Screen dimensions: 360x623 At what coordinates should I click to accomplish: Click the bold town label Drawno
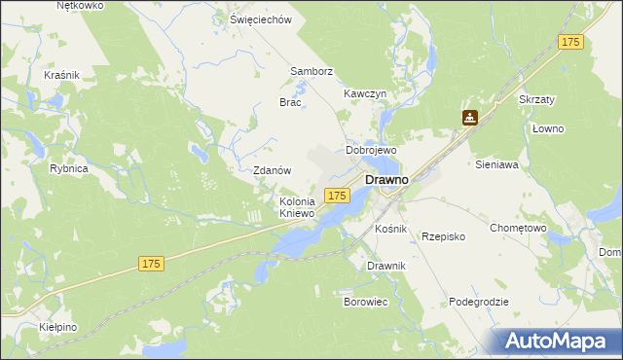(385, 180)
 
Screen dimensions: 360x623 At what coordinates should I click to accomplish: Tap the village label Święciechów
(261, 19)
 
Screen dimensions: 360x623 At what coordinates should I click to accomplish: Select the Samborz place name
(311, 71)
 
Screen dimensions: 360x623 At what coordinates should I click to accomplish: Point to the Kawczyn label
(366, 93)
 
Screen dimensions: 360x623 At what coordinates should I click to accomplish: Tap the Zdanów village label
(273, 170)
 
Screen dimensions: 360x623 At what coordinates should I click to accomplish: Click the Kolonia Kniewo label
(297, 207)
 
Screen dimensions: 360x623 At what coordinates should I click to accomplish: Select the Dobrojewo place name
(371, 151)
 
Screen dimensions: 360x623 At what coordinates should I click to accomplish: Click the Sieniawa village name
(496, 165)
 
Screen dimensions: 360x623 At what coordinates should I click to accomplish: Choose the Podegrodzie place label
(479, 302)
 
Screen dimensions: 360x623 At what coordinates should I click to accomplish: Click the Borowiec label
(366, 302)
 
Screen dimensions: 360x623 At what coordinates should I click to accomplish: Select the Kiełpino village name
(58, 328)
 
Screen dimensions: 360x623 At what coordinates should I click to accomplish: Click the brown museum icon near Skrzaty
(470, 118)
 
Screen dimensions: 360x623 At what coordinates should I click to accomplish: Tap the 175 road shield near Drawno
(337, 196)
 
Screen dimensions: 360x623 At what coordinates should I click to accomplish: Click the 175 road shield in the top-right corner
(570, 42)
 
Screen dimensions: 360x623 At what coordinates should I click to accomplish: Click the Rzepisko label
(443, 236)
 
